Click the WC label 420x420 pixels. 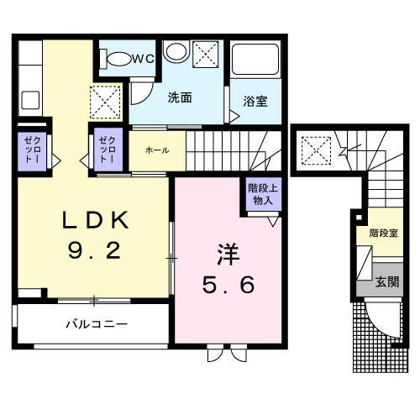[143, 59]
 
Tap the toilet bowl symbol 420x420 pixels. [117, 59]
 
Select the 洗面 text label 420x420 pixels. [180, 97]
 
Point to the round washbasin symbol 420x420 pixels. [175, 53]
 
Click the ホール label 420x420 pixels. [157, 150]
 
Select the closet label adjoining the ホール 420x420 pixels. [108, 150]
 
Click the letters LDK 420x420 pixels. [93, 221]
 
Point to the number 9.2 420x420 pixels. [93, 250]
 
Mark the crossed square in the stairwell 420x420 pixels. [316, 152]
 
